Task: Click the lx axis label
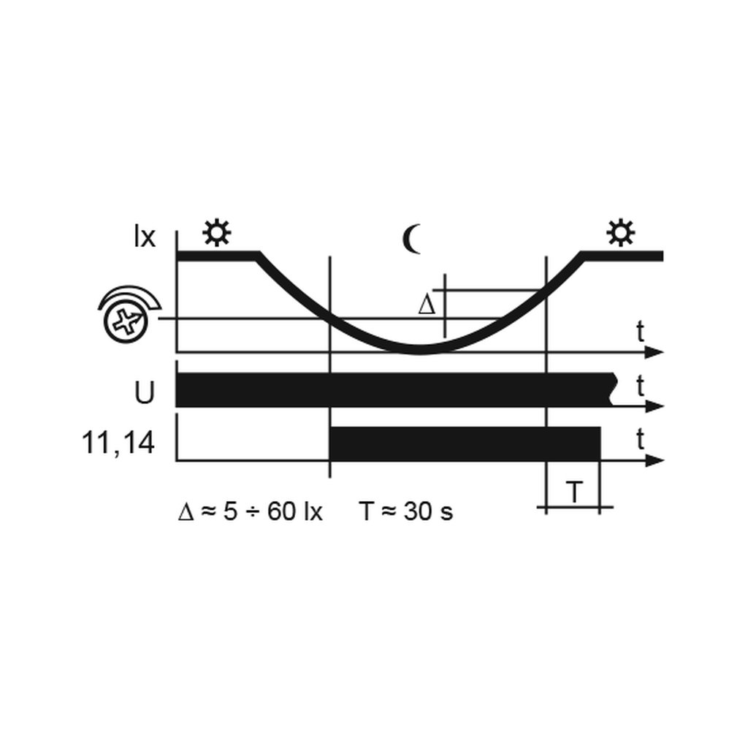(145, 237)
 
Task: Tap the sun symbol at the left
(216, 233)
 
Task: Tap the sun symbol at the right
(620, 233)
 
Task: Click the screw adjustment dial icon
(128, 315)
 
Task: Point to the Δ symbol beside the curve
(427, 305)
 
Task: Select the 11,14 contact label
(118, 443)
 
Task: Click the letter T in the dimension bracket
(574, 492)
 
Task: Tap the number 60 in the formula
(281, 512)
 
